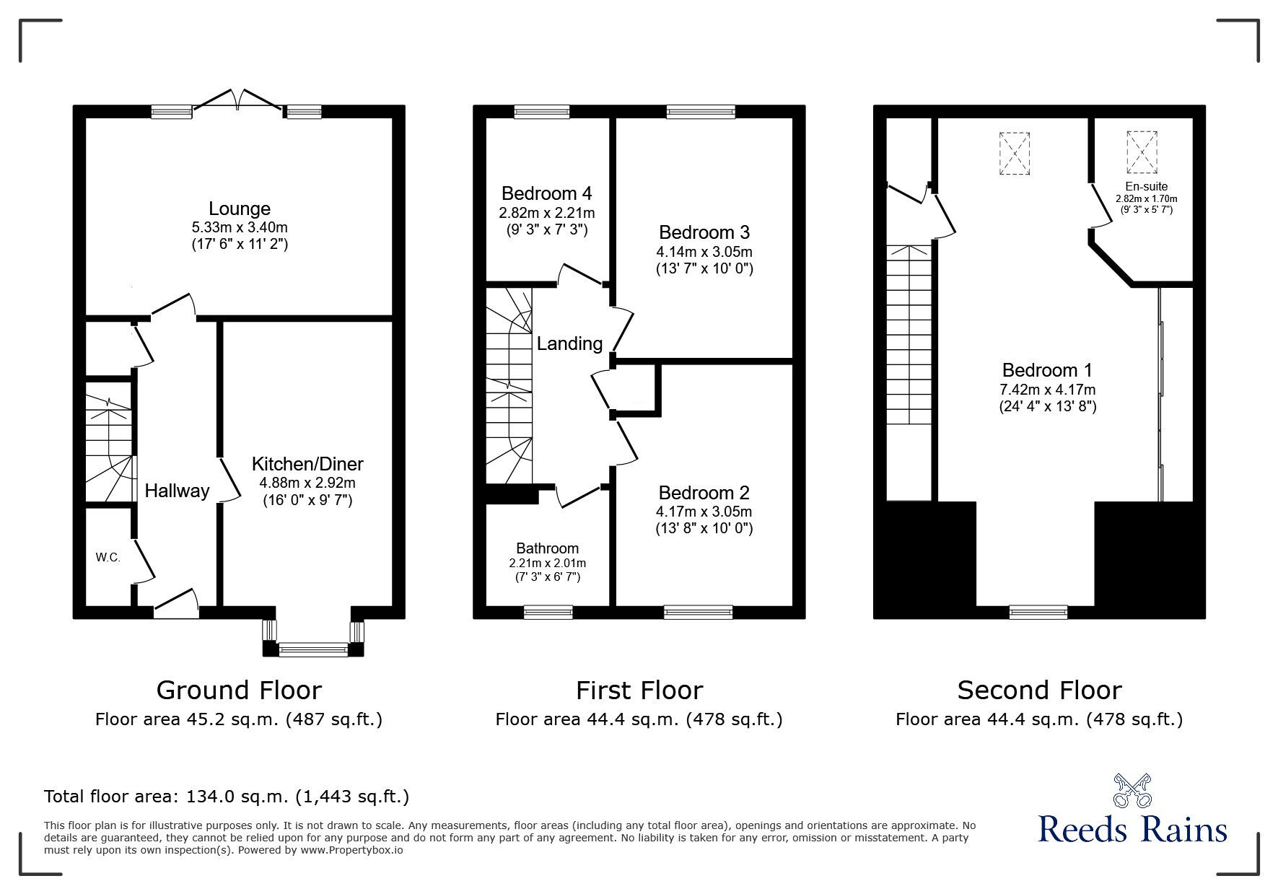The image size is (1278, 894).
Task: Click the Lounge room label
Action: [240, 209]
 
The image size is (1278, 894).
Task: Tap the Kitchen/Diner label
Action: [307, 464]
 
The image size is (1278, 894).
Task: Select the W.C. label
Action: [108, 558]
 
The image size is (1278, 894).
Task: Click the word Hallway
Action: [177, 491]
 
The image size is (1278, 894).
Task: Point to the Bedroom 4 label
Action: [547, 193]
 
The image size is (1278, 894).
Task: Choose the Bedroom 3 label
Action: [704, 232]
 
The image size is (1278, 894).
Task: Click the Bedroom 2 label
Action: [704, 493]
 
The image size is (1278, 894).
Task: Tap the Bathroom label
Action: [548, 548]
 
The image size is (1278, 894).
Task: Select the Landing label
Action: [569, 344]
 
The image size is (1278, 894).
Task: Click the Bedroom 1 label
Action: [1047, 370]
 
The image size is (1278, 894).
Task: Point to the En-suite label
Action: [1147, 186]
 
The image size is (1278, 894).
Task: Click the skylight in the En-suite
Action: [1142, 152]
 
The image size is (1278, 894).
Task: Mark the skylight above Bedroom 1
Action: [1015, 154]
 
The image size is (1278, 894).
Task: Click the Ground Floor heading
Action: [239, 691]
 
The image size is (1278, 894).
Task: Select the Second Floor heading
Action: [1040, 691]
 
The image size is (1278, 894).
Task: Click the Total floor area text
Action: [227, 797]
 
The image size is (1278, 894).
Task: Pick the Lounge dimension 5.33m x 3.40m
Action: [240, 227]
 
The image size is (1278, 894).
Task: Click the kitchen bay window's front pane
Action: [313, 650]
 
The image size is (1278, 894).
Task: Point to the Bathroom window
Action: [548, 612]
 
